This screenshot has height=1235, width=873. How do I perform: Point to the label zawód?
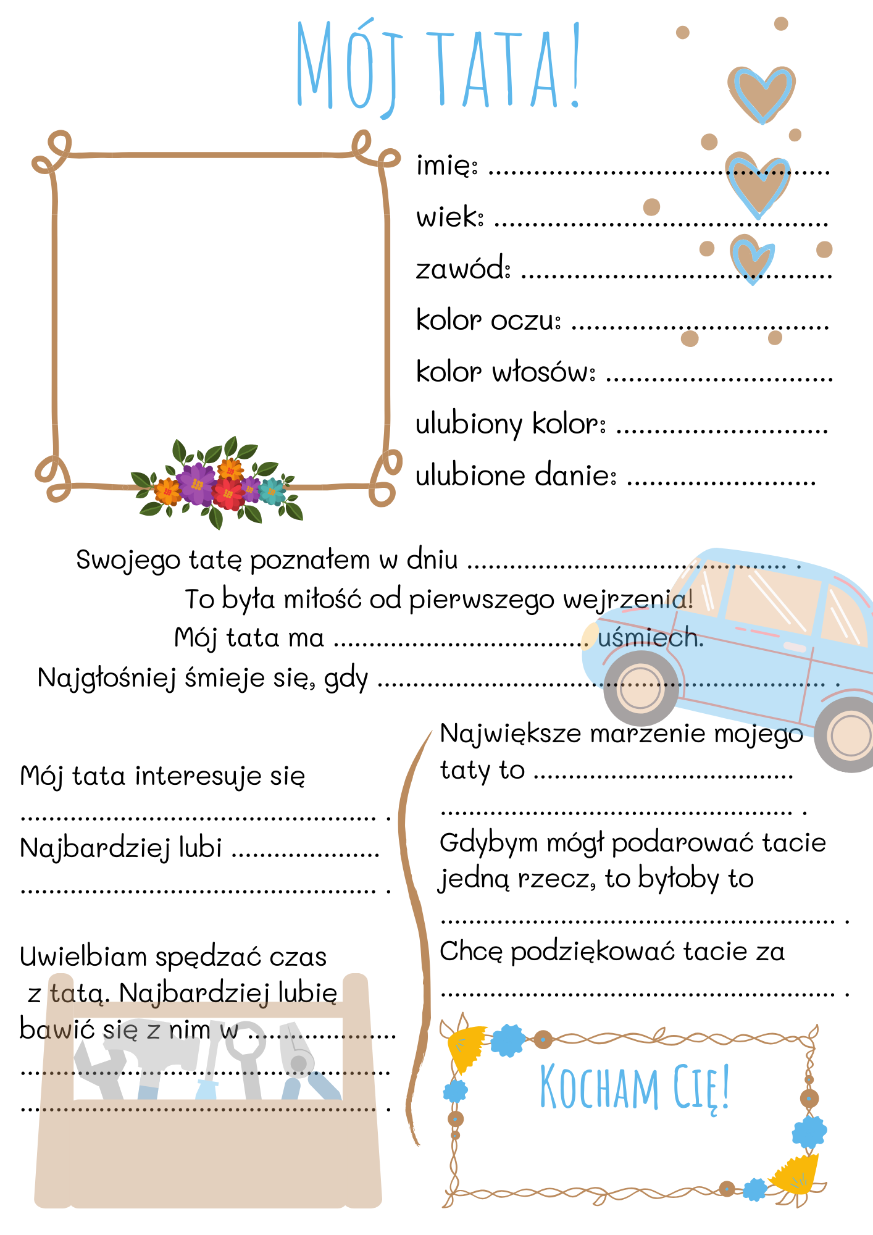coord(462,269)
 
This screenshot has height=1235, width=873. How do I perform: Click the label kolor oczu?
coord(488,320)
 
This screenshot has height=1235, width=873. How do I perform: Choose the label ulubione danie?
coord(516,476)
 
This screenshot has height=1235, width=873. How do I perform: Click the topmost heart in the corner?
coord(761,93)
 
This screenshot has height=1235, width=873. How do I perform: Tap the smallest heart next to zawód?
coord(752,258)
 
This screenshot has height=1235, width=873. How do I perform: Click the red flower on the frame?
coord(228,493)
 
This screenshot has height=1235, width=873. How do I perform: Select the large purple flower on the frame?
coord(196,484)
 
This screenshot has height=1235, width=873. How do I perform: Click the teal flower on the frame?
coord(271,491)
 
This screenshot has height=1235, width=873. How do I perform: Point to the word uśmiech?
coord(650,638)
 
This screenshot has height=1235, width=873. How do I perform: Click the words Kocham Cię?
coord(635,1088)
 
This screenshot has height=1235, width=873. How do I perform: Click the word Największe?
coord(511,734)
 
